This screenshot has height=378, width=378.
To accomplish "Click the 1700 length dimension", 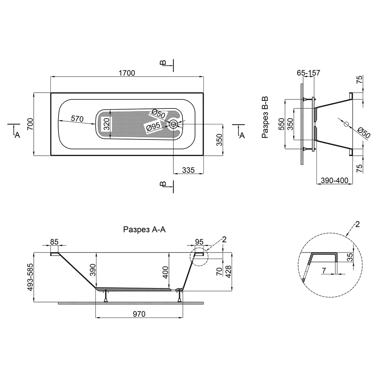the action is pyautogui.click(x=127, y=73).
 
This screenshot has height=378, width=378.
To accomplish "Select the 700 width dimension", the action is pyautogui.click(x=30, y=124).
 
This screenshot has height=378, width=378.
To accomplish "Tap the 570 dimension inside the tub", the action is pyautogui.click(x=77, y=119).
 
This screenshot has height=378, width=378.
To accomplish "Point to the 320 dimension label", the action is pyautogui.click(x=106, y=124).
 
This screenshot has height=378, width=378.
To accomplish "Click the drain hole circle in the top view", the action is pyautogui.click(x=173, y=124).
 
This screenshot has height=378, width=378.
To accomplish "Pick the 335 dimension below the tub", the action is pyautogui.click(x=188, y=170).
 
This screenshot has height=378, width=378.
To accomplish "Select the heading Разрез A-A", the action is pyautogui.click(x=144, y=229).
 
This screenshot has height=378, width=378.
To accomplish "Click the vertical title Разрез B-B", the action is pyautogui.click(x=265, y=117).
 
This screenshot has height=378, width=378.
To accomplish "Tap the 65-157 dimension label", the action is pyautogui.click(x=308, y=73).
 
